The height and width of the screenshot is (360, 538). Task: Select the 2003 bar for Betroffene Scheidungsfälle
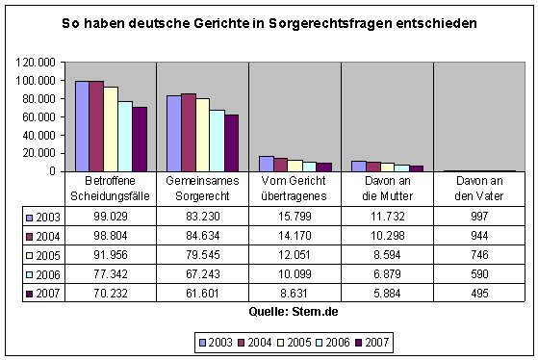(82, 126)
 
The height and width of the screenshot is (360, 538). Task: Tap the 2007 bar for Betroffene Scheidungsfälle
(139, 139)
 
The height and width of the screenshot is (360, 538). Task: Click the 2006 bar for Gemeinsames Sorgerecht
(217, 141)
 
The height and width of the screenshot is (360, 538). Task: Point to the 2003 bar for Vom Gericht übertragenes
(266, 164)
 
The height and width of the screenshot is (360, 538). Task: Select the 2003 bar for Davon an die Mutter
(358, 166)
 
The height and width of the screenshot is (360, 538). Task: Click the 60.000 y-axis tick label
(37, 116)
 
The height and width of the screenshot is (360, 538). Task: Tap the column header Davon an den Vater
(478, 190)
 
